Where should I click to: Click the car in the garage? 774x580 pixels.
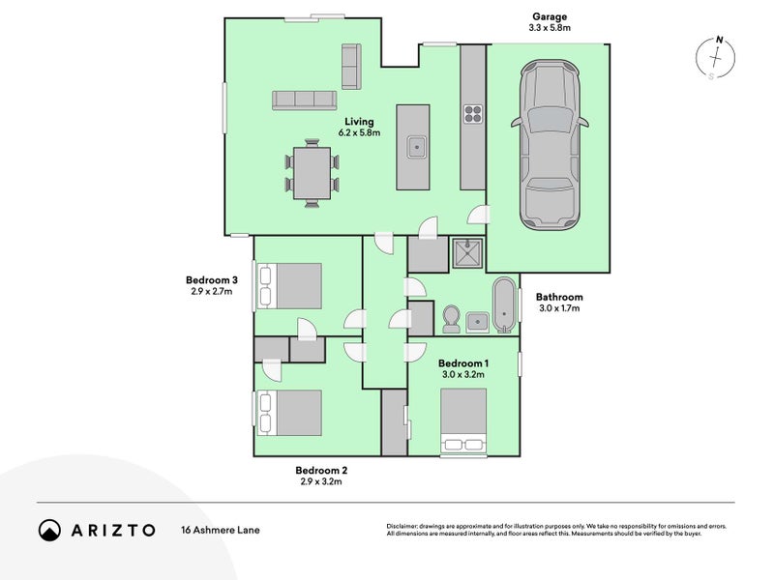[x=549, y=145]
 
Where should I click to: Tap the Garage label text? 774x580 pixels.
[x=549, y=16]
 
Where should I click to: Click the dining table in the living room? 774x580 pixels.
[x=312, y=172]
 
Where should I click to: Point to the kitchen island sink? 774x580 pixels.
[x=417, y=147]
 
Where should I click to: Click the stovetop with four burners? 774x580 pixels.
[x=472, y=114]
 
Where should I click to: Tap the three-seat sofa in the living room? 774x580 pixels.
[x=303, y=100]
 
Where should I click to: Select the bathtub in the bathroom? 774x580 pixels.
[x=504, y=304]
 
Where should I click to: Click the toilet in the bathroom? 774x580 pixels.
[x=451, y=318]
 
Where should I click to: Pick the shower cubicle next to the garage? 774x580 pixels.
[x=468, y=254]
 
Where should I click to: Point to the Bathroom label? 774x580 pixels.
[x=559, y=298]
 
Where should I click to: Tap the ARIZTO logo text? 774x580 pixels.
[x=110, y=530]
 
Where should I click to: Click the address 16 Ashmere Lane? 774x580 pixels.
[x=220, y=530]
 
